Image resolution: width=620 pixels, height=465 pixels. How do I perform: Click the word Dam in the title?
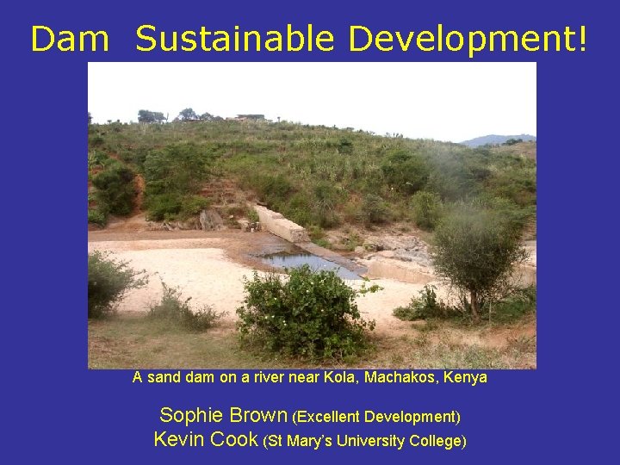[x=70, y=39]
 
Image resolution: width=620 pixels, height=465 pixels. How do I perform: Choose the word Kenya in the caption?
[x=465, y=377]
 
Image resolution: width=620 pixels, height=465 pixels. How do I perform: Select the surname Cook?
[x=234, y=439]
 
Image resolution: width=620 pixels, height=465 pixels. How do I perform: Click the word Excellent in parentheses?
[x=330, y=417]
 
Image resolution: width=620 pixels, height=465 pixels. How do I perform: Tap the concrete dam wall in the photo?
[x=280, y=224]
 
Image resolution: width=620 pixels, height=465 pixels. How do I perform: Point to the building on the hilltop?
[x=251, y=116]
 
